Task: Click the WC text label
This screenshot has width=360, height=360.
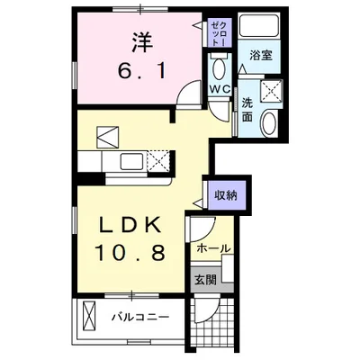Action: (220, 89)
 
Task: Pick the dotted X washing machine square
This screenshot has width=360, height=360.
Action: (271, 91)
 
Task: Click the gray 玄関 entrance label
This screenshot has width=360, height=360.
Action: (205, 280)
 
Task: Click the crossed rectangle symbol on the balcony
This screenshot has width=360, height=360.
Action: (88, 317)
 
